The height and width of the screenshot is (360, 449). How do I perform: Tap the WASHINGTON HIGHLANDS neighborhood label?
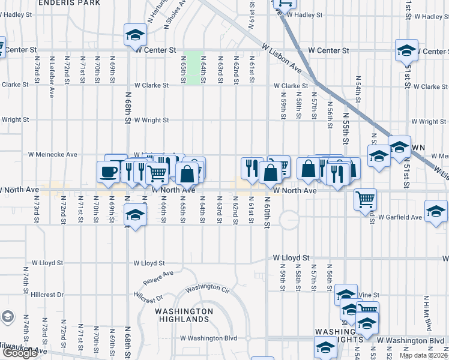(x=184, y=315)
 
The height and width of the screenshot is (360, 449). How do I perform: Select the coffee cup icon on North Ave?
(x=108, y=172)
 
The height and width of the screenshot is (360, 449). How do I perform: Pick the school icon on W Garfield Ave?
(x=435, y=211)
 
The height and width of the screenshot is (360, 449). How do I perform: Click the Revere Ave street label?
(x=158, y=277)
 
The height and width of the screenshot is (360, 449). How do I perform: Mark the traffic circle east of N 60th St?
(x=289, y=220)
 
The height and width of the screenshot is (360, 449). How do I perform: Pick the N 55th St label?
(x=346, y=128)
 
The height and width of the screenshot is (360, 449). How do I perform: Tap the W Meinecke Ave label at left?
(x=53, y=154)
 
